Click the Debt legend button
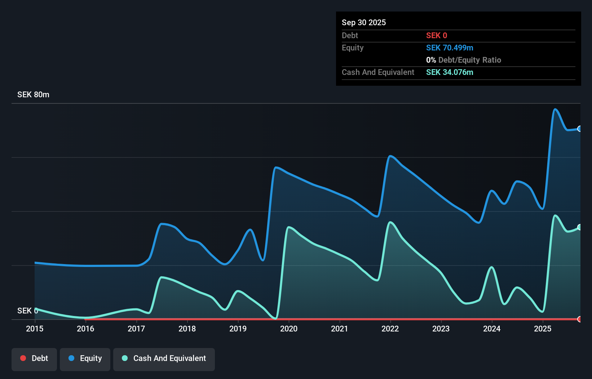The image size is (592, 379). pyautogui.click(x=34, y=358)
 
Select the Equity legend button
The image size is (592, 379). pyautogui.click(x=85, y=358)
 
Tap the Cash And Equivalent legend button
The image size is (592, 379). pyautogui.click(x=164, y=358)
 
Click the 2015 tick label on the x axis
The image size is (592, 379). pyautogui.click(x=35, y=329)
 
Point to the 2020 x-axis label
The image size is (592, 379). pyautogui.click(x=289, y=329)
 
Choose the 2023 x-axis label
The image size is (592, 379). pyautogui.click(x=441, y=329)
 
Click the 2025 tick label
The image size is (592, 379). pyautogui.click(x=543, y=329)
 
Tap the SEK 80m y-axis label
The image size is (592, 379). pyautogui.click(x=33, y=95)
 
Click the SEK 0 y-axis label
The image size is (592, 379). pyautogui.click(x=27, y=311)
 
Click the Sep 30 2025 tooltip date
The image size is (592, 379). pyautogui.click(x=363, y=23)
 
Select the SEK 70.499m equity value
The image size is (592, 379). pyautogui.click(x=449, y=48)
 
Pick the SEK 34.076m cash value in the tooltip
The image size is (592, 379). pyautogui.click(x=449, y=72)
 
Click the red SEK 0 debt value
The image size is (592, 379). pyautogui.click(x=436, y=36)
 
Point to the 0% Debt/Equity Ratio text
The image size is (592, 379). pyautogui.click(x=463, y=60)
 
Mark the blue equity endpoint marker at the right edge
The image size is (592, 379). pyautogui.click(x=579, y=129)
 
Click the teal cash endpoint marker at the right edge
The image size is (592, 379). pyautogui.click(x=579, y=227)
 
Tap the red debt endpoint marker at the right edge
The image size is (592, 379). pyautogui.click(x=579, y=319)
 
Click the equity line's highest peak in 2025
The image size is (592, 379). pyautogui.click(x=555, y=109)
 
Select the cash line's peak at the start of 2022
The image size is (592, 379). pyautogui.click(x=390, y=222)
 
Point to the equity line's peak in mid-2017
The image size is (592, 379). pyautogui.click(x=162, y=224)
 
